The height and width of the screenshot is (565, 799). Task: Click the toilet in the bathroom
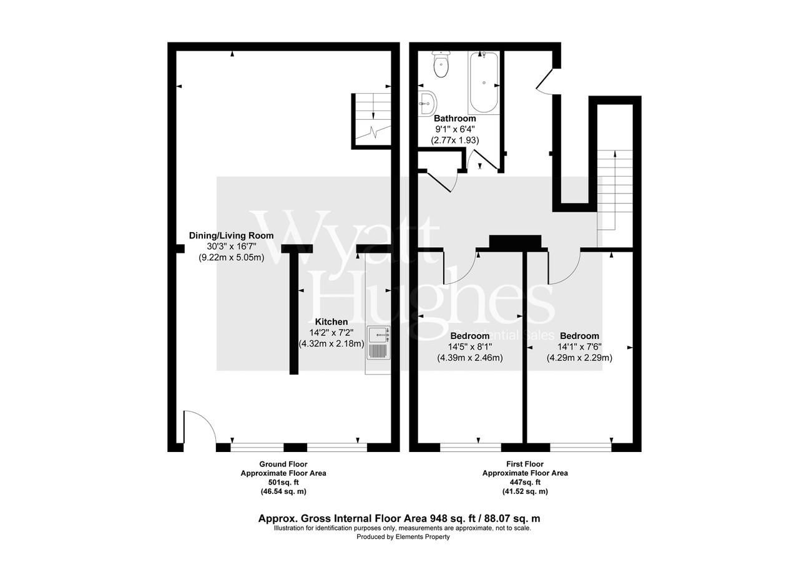(x=442, y=65)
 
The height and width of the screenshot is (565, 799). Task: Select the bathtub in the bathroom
(x=483, y=82)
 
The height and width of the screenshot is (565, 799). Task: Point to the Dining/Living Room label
(x=232, y=235)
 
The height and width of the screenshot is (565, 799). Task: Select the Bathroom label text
(x=454, y=118)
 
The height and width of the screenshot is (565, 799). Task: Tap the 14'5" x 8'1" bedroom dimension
(x=469, y=346)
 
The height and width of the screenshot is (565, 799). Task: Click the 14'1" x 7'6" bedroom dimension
(x=579, y=346)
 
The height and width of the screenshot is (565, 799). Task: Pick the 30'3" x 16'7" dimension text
(x=232, y=246)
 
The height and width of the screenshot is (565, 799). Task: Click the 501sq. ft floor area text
(x=283, y=482)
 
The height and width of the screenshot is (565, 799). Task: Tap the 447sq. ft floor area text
(x=525, y=482)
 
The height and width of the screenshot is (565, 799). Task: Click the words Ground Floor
(x=283, y=464)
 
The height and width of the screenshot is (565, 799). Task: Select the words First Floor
(x=525, y=464)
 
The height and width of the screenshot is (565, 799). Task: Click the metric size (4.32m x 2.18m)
(x=331, y=343)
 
